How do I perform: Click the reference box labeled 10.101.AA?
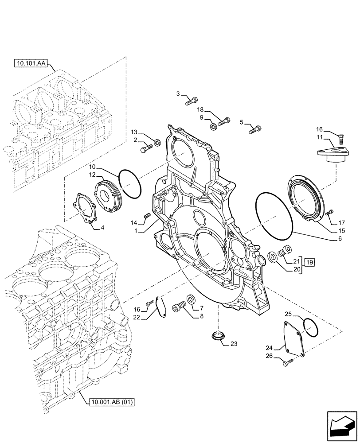coord(32,64)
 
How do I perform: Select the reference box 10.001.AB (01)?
coord(111,402)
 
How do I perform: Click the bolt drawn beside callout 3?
coord(192,101)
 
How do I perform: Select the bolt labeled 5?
coord(255,130)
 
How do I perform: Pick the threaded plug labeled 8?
coord(182,307)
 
